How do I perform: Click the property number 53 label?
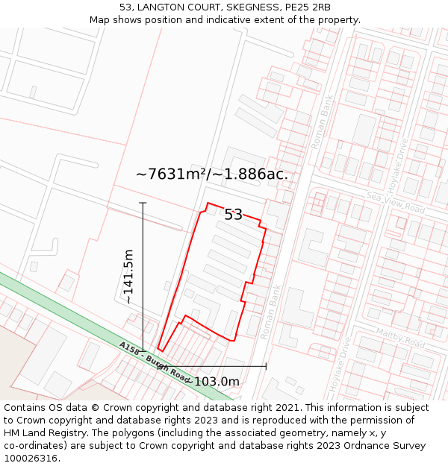pyautogui.click(x=234, y=215)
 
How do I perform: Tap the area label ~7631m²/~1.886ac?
pyautogui.click(x=212, y=174)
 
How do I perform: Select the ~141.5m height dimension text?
pyautogui.click(x=128, y=276)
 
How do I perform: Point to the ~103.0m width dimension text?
pyautogui.click(x=214, y=382)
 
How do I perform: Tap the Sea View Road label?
pyautogui.click(x=395, y=203)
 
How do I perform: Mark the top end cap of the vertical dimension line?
pyautogui.click(x=143, y=203)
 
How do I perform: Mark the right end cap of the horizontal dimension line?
pyautogui.click(x=266, y=366)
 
